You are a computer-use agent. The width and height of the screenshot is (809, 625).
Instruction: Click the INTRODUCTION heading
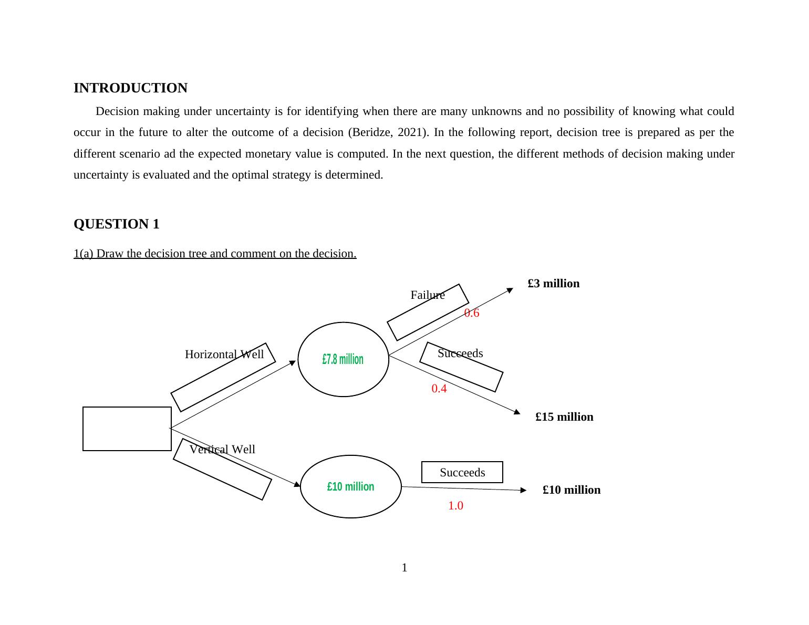(x=130, y=88)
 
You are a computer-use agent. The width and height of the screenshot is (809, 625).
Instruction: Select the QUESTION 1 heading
(x=116, y=224)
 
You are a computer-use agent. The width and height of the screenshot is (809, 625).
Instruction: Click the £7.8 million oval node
(x=343, y=359)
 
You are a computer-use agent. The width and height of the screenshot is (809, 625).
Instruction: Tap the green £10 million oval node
(x=350, y=487)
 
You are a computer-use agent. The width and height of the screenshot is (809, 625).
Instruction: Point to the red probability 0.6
(x=472, y=314)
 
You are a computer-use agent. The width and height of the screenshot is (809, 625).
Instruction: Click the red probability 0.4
(x=439, y=389)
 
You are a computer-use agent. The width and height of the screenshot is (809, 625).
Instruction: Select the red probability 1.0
(x=455, y=506)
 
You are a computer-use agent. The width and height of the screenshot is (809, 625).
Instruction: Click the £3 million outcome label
(x=554, y=284)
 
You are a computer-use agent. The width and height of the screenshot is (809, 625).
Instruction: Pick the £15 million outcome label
(x=564, y=417)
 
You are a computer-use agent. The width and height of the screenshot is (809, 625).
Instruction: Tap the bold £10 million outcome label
(x=572, y=490)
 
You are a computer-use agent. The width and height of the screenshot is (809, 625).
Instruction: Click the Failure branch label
(x=428, y=295)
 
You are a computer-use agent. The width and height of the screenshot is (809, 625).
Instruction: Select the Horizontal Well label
(x=224, y=355)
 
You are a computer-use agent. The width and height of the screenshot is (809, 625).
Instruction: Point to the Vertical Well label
(x=222, y=450)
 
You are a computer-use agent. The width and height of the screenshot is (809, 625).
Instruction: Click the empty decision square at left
(x=127, y=429)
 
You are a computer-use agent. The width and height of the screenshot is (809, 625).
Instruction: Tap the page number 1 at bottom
(x=404, y=568)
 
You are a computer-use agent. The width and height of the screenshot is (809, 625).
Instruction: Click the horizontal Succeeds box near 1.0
(x=462, y=473)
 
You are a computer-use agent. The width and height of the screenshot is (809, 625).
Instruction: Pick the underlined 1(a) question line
(x=215, y=254)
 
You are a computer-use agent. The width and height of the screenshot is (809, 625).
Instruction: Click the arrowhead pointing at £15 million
(x=517, y=412)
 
